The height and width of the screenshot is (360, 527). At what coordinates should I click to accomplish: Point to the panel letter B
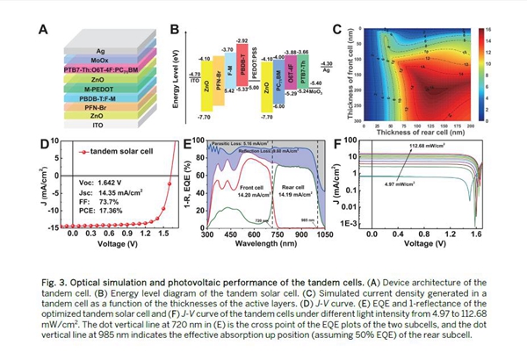pyautogui.click(x=174, y=29)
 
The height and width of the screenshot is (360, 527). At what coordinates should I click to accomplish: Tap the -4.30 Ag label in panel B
pyautogui.click(x=323, y=66)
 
